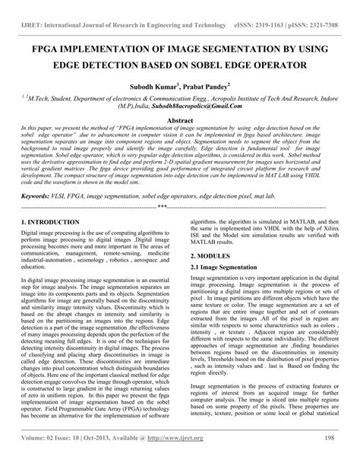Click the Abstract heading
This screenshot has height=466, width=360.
179,119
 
